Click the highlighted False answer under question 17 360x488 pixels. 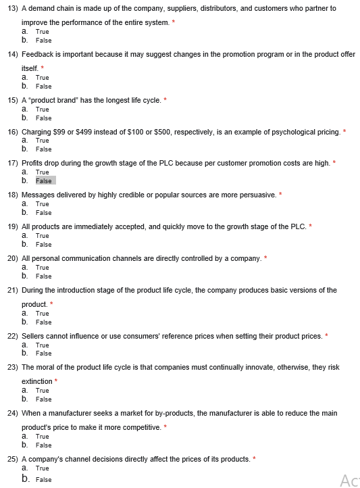point(44,180)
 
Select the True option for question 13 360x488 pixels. point(42,32)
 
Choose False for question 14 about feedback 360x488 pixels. point(43,87)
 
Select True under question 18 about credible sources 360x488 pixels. point(42,204)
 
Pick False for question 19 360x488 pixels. point(43,245)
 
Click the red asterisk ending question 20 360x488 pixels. point(265,258)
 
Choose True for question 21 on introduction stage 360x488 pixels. point(42,314)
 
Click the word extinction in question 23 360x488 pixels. point(36,381)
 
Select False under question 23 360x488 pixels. point(43,399)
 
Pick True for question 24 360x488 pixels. point(42,437)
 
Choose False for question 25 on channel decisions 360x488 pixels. point(43,479)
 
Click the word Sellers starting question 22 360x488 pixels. point(34,336)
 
